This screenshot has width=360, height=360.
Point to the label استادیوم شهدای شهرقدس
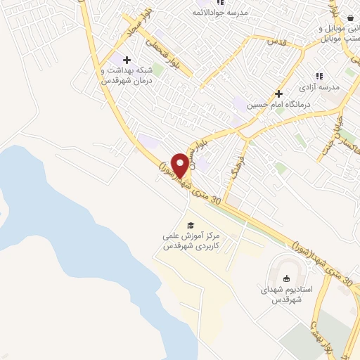tap(281, 295)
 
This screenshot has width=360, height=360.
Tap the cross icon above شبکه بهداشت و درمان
tap(127, 60)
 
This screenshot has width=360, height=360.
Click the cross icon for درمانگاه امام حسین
tap(279, 93)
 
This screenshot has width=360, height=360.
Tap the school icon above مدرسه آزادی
tap(319, 76)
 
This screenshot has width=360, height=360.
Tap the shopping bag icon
tap(349, 19)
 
